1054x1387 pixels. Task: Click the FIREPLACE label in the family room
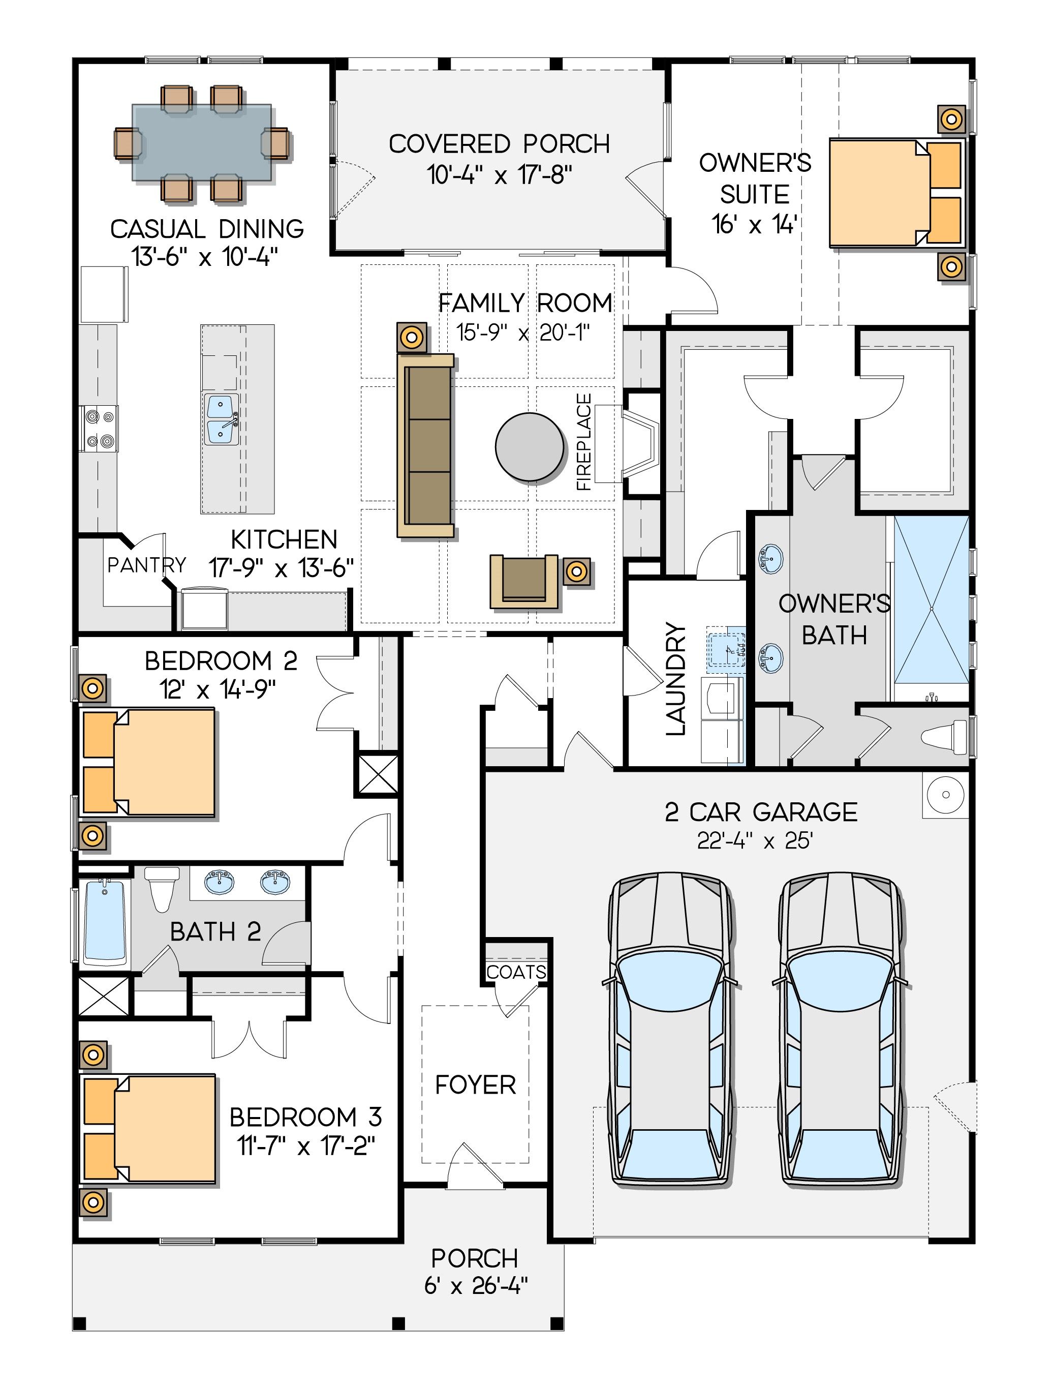[x=584, y=441]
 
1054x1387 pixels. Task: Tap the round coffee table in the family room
[x=530, y=447]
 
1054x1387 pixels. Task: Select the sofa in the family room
[x=426, y=445]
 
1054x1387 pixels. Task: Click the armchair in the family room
[x=524, y=581]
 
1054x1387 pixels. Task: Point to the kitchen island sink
[x=221, y=419]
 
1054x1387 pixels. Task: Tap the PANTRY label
[x=147, y=565]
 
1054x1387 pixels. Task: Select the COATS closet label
[x=516, y=972]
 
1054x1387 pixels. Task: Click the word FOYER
[x=476, y=1084]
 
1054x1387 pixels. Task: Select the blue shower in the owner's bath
[x=932, y=600]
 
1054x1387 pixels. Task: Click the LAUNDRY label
[x=676, y=678]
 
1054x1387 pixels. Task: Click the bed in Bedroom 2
[x=149, y=763]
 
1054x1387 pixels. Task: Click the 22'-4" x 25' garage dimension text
[x=755, y=840]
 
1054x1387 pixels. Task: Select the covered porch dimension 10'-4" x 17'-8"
[x=500, y=174]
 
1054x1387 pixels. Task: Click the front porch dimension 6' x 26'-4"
[x=476, y=1286]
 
